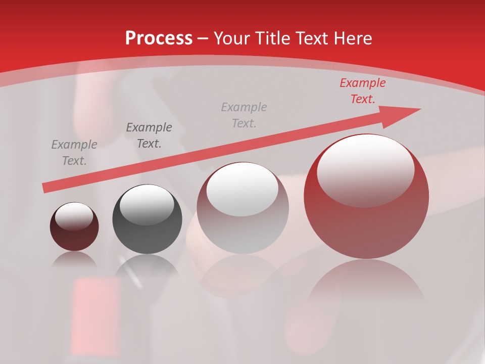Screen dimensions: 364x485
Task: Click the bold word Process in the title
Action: pos(159,38)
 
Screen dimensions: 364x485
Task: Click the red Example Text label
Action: pos(362,91)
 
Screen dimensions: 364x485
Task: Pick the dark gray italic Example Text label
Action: pos(149,135)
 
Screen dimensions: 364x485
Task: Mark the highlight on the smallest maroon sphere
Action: pos(74,216)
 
